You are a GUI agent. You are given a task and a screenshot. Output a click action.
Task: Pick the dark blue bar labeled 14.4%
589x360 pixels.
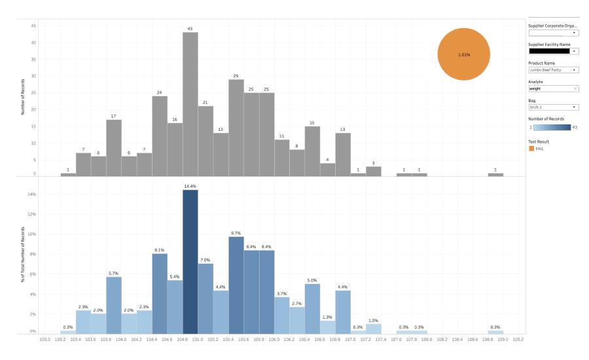click(190, 262)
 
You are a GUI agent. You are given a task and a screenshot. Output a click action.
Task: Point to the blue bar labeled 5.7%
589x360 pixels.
click(114, 305)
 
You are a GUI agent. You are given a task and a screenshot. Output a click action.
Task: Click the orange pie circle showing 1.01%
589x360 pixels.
click(464, 54)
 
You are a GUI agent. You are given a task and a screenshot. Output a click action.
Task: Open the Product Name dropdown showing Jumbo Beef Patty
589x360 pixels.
click(553, 69)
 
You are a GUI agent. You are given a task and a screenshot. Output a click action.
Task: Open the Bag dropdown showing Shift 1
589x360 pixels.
click(553, 107)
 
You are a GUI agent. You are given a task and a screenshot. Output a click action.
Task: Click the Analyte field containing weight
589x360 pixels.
click(550, 88)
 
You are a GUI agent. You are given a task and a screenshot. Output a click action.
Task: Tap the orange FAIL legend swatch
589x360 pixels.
click(531, 149)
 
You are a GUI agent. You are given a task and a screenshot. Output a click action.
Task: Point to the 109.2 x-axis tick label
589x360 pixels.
click(518, 340)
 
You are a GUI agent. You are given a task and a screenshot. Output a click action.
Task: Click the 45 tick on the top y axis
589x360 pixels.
click(33, 26)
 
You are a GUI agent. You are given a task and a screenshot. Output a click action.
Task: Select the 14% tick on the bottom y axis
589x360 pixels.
click(32, 194)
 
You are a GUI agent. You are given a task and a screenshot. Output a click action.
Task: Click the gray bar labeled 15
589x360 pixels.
click(312, 151)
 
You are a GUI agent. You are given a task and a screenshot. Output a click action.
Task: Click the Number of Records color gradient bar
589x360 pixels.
click(551, 127)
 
